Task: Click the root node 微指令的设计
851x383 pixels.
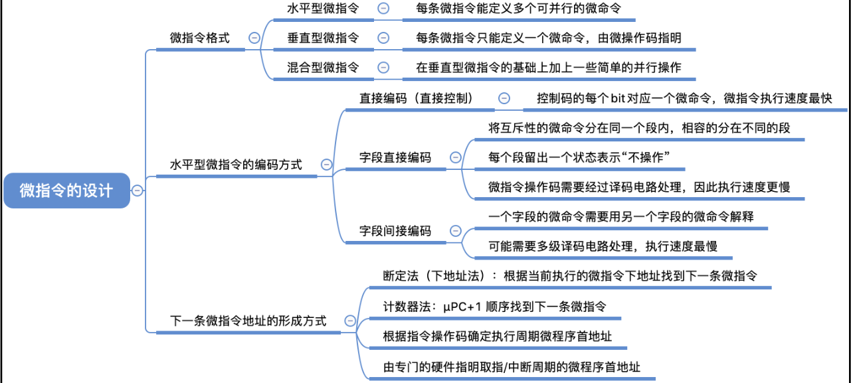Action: (66, 191)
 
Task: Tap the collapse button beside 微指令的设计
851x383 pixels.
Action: (138, 191)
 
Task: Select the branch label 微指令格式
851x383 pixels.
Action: (200, 38)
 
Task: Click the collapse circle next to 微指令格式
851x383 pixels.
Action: (254, 38)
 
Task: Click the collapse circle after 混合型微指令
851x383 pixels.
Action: (383, 67)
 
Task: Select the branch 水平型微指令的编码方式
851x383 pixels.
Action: (236, 165)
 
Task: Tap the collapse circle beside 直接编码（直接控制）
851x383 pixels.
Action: (504, 98)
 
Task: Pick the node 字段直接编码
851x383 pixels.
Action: (395, 157)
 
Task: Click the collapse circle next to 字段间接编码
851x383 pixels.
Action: (456, 231)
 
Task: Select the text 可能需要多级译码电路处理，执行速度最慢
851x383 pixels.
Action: (603, 246)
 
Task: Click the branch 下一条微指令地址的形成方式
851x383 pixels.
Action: (248, 321)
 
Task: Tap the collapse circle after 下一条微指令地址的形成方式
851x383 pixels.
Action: (350, 321)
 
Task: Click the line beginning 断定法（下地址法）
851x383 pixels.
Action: (570, 275)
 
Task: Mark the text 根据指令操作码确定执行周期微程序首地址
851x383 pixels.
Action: (497, 337)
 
